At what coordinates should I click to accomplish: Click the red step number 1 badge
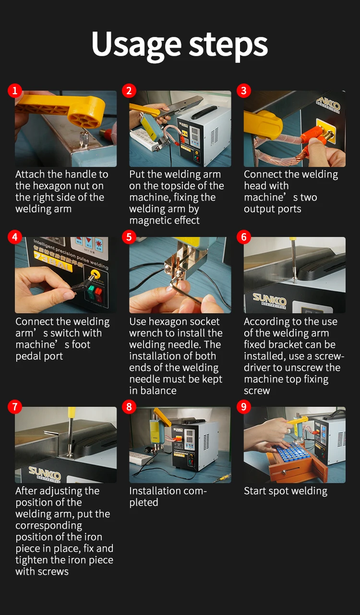[15, 91]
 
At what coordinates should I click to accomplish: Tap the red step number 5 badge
[129, 237]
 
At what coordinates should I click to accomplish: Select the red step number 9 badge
[244, 407]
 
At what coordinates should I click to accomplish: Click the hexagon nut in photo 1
[84, 139]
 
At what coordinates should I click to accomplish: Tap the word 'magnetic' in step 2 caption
[150, 221]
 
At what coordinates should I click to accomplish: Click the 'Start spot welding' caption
[286, 491]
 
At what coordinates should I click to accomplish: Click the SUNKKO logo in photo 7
[45, 472]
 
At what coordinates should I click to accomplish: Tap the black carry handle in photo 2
[203, 112]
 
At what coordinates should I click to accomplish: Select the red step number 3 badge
[244, 91]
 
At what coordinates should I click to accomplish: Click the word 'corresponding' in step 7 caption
[48, 526]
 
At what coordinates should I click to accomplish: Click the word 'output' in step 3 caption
[259, 209]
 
